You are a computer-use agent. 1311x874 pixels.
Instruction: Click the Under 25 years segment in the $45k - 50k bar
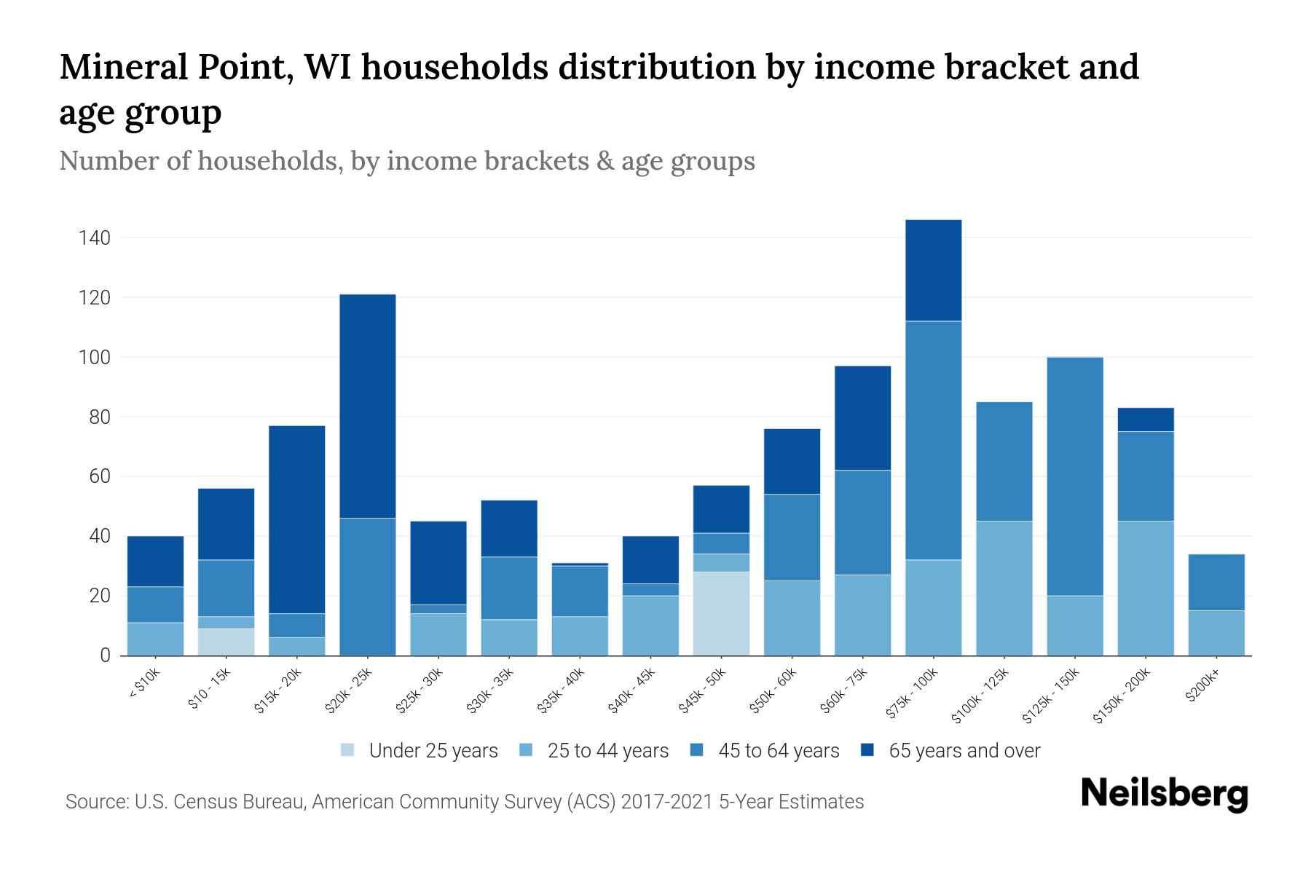[x=721, y=613]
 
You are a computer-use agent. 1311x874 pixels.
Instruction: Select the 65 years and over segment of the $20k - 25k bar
[x=368, y=406]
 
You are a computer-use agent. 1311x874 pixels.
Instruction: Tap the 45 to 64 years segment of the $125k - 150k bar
[x=1075, y=476]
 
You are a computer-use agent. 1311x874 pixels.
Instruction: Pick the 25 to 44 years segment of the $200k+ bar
[x=1216, y=633]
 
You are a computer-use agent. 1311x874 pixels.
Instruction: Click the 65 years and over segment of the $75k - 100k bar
[x=933, y=270]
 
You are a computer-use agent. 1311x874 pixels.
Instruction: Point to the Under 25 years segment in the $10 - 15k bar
[x=226, y=642]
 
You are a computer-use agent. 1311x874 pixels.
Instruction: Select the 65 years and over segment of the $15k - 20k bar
[x=297, y=519]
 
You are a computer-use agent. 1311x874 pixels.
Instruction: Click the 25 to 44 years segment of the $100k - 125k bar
[x=1004, y=588]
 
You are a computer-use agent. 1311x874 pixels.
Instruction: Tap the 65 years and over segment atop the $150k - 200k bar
[x=1146, y=420]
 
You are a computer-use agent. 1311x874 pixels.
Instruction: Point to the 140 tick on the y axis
[x=95, y=238]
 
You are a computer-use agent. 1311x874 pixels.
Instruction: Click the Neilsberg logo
[x=1164, y=794]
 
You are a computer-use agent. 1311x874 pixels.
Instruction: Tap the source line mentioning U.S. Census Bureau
[x=464, y=802]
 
